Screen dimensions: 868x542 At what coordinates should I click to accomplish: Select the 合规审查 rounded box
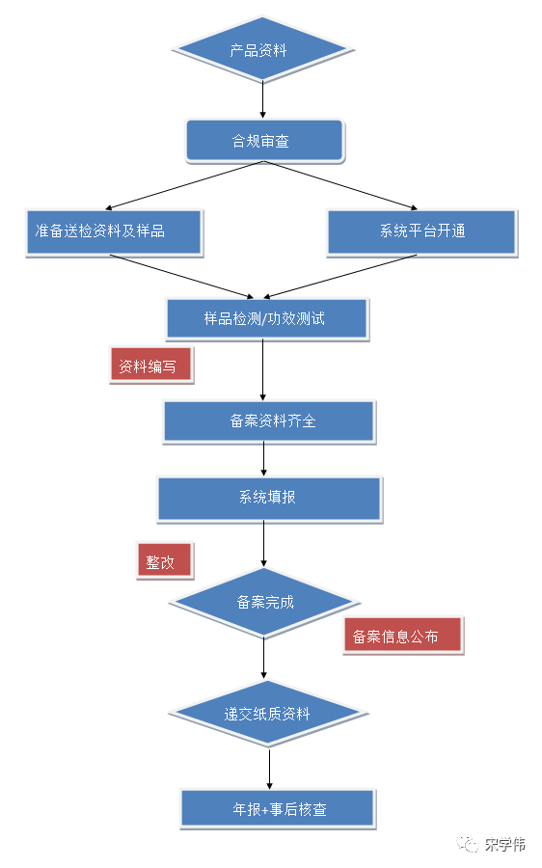(x=263, y=141)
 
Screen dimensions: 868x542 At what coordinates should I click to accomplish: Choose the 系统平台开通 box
(x=421, y=231)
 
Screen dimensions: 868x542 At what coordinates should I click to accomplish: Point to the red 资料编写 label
(x=149, y=366)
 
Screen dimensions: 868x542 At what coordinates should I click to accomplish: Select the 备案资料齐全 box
(x=267, y=421)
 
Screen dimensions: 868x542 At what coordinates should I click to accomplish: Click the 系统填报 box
(x=268, y=498)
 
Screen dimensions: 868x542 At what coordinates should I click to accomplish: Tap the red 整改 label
(x=163, y=561)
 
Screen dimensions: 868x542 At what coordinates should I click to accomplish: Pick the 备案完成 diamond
(x=265, y=602)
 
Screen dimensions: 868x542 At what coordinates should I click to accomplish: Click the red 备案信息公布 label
(x=402, y=637)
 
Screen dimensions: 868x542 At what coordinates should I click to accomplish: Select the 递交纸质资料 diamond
(x=267, y=714)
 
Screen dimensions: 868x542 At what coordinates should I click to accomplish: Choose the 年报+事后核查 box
(x=277, y=808)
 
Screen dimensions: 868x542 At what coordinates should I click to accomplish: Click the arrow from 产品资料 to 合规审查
(x=262, y=99)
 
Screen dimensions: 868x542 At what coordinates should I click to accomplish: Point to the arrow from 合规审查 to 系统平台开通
(x=342, y=185)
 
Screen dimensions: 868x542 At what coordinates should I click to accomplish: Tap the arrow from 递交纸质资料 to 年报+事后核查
(x=269, y=768)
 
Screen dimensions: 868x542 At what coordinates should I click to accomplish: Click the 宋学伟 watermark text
(x=505, y=845)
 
